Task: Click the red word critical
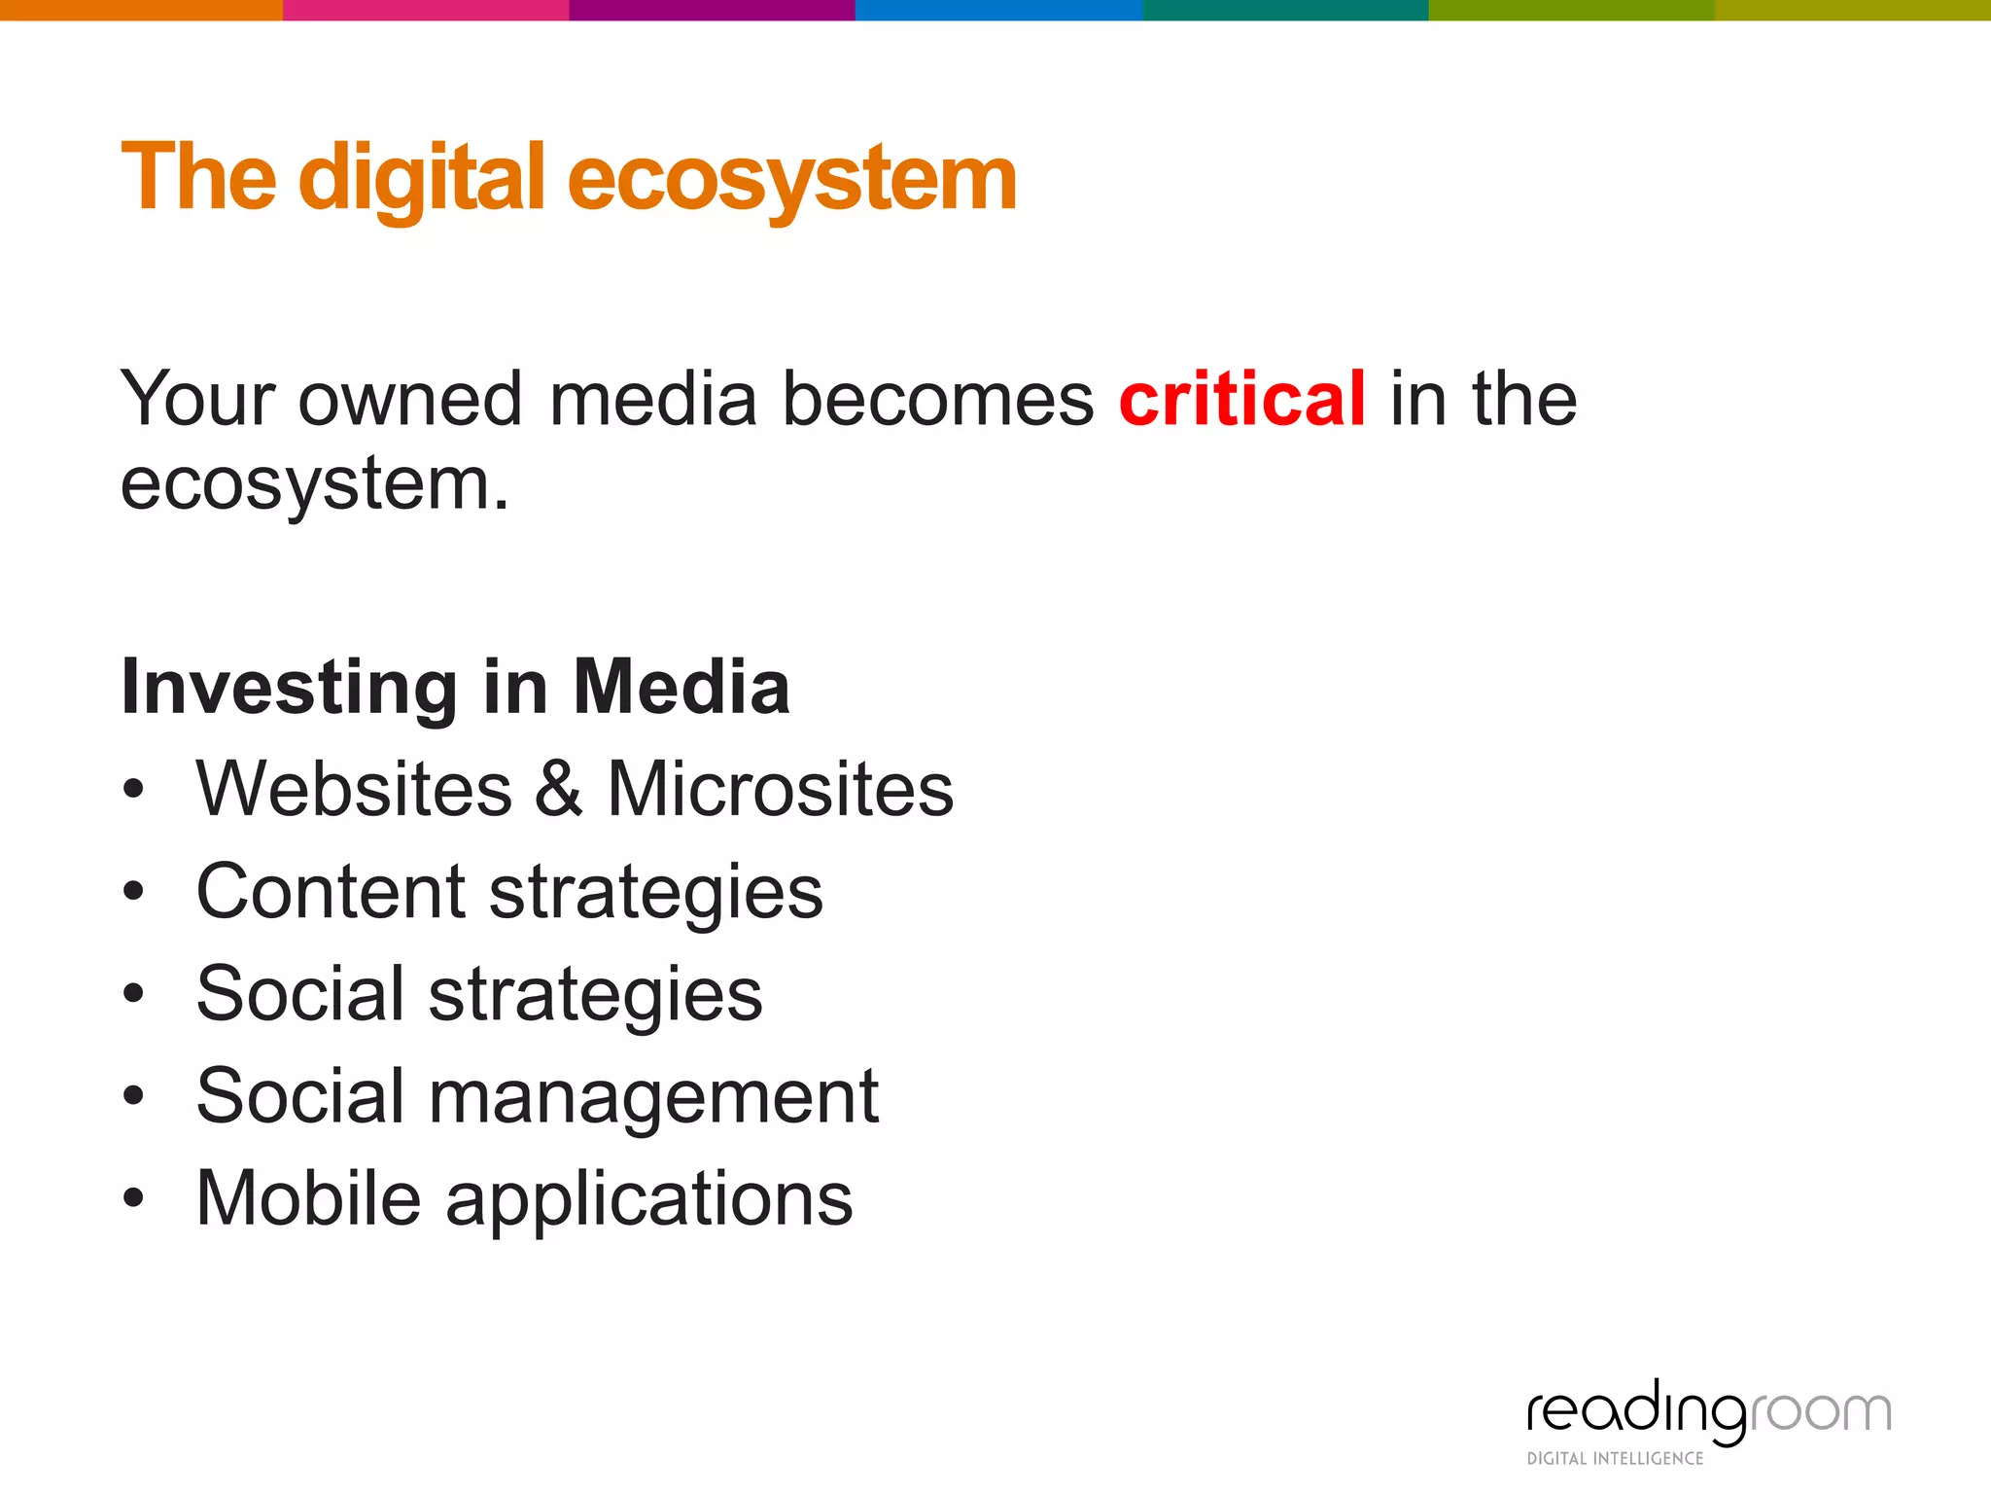tap(1241, 399)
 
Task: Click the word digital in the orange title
tap(422, 179)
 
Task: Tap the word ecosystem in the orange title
tap(791, 179)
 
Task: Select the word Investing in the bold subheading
tap(289, 688)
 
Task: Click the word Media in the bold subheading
tap(681, 687)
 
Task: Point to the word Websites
tap(354, 789)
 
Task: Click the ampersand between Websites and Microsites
tap(559, 789)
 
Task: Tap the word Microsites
tap(781, 789)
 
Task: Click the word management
tap(653, 1096)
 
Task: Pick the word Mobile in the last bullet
tap(308, 1198)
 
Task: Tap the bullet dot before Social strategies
tap(134, 994)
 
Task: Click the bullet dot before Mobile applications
tap(134, 1199)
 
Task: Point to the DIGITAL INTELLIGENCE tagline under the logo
tap(1615, 1458)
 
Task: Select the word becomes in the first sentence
tap(938, 399)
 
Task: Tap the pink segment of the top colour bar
tap(425, 10)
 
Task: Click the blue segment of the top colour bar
tap(998, 10)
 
